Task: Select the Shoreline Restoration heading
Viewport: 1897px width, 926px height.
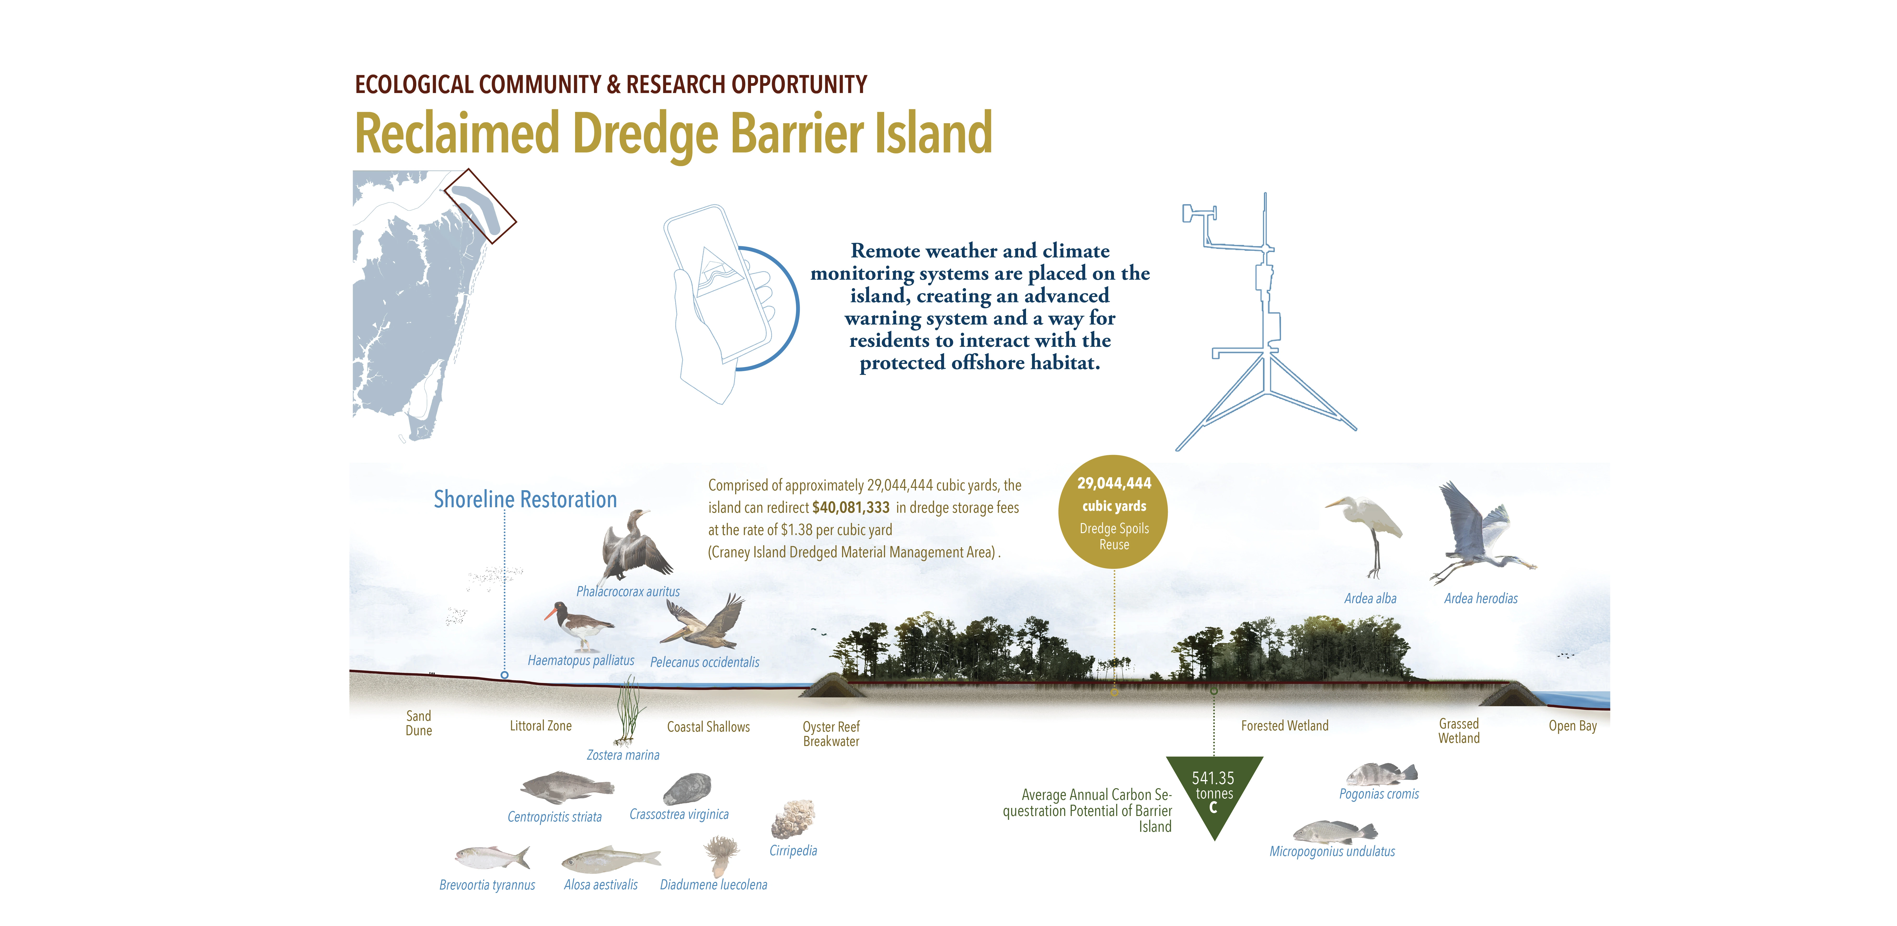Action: point(525,500)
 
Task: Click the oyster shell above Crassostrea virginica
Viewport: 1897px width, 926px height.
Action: point(687,788)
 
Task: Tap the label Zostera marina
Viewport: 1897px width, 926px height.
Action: point(623,755)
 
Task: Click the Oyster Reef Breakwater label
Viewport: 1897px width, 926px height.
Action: point(831,734)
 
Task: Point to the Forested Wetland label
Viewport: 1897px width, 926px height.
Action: point(1285,726)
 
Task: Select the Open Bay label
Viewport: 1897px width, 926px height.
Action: point(1572,726)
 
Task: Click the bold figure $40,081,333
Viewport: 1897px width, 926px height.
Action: point(851,507)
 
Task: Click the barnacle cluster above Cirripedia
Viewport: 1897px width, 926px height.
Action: point(793,819)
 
